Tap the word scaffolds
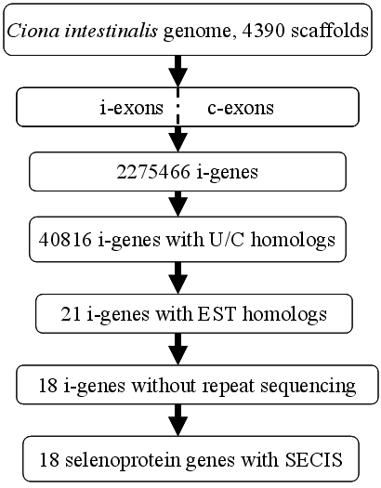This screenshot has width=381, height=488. pos(330,31)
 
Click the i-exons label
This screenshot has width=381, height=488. pos(132,108)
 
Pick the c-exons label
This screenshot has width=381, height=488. pos(241,108)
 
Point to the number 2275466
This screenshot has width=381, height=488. pos(153,171)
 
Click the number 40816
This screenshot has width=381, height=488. pos(65,240)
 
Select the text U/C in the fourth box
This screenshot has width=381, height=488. pos(223,240)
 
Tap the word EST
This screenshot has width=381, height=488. pos(217,314)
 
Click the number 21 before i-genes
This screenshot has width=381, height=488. pos(71,314)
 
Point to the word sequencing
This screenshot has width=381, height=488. pos(308,386)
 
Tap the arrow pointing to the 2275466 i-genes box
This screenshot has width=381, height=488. pos(177,139)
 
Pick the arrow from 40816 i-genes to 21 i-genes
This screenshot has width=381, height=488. pos(177,278)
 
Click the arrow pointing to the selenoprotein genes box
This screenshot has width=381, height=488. pos(177,420)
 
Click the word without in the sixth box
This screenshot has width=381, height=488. pos(164,386)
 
